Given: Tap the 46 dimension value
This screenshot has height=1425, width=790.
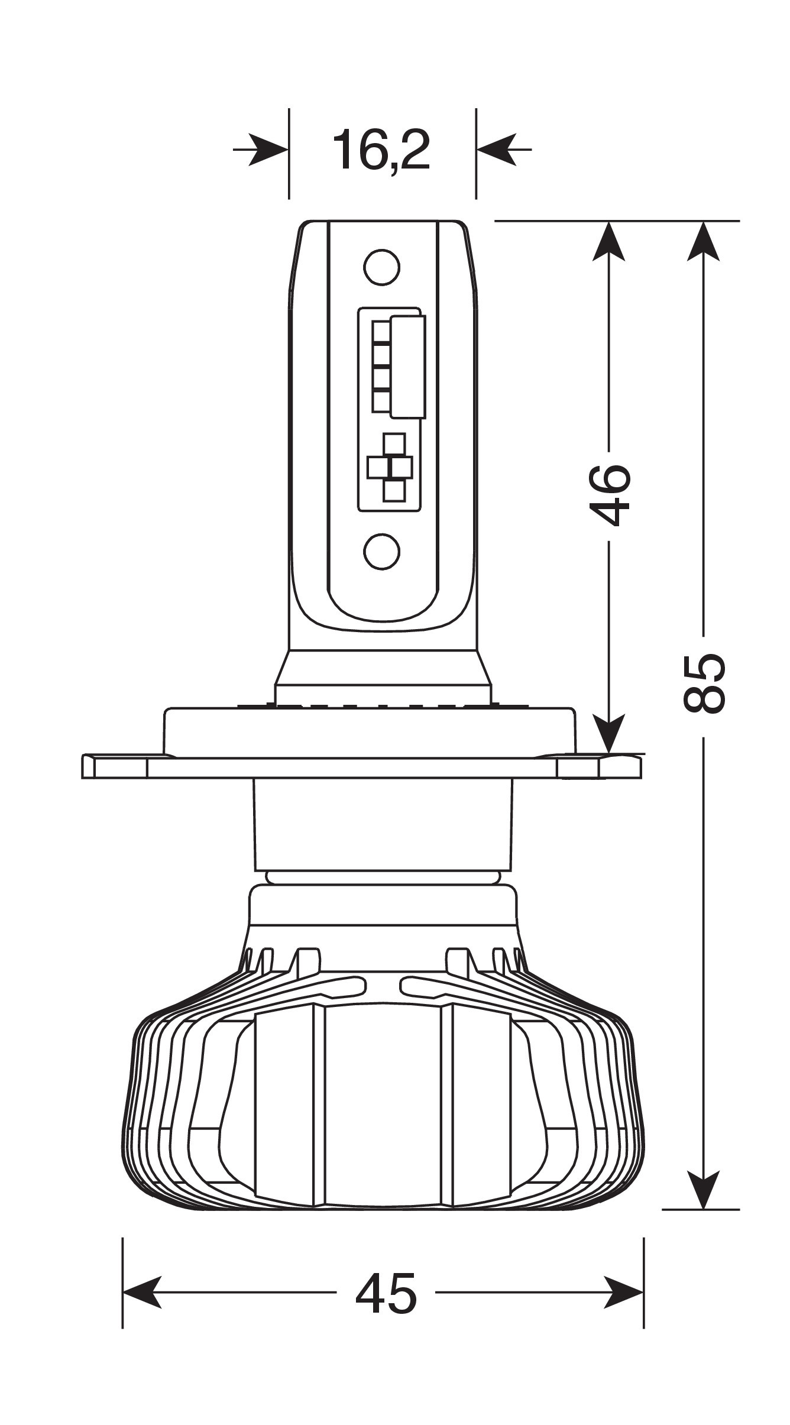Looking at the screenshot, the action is point(610,494).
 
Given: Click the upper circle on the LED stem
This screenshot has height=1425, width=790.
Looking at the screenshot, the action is point(381,267).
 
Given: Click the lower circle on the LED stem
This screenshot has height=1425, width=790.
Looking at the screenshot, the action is point(381,551).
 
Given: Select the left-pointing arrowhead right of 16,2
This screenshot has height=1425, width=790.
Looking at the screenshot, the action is point(497,150).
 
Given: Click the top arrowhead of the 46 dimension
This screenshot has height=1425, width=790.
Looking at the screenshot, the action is point(609,241).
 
